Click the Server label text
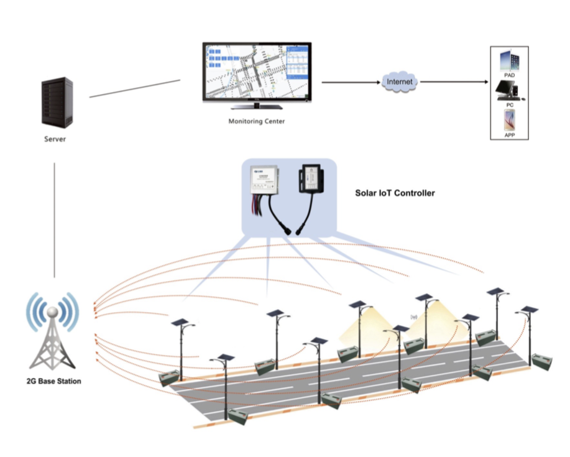click(x=55, y=139)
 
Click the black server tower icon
click(x=57, y=103)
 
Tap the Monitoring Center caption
click(x=256, y=121)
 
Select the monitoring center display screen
click(x=257, y=71)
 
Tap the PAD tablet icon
click(x=510, y=61)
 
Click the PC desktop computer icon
click(x=509, y=91)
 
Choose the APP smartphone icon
click(x=509, y=120)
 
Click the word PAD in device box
click(x=510, y=75)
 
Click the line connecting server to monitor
click(x=135, y=88)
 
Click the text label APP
click(x=510, y=135)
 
